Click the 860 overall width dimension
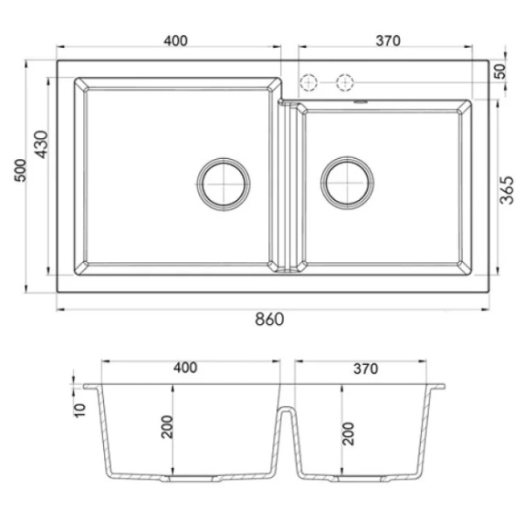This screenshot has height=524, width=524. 269,319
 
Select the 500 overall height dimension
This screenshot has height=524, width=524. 21,170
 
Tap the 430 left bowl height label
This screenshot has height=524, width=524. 42,144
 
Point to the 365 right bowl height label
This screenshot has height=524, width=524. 507,190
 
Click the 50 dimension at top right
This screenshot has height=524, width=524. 500,72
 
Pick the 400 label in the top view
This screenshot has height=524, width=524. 176,40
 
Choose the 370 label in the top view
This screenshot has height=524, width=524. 388,41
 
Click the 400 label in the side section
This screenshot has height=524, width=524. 185,368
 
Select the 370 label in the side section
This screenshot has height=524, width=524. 366,369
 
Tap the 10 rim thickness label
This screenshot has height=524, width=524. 79,410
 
